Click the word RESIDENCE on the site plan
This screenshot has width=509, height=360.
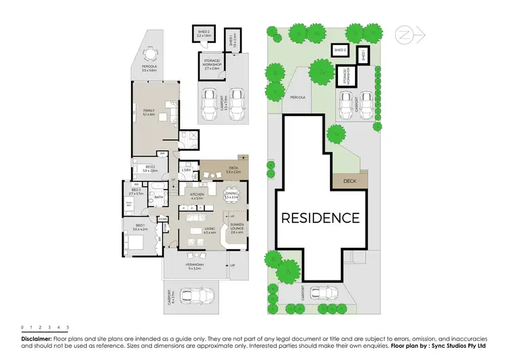click(x=320, y=218)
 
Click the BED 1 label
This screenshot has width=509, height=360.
click(x=140, y=226)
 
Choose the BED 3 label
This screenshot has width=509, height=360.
click(x=136, y=191)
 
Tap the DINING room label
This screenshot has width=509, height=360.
click(x=231, y=196)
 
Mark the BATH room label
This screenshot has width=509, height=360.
click(x=158, y=198)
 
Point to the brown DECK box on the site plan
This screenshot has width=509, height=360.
click(x=350, y=181)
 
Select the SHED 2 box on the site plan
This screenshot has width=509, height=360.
click(x=340, y=50)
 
